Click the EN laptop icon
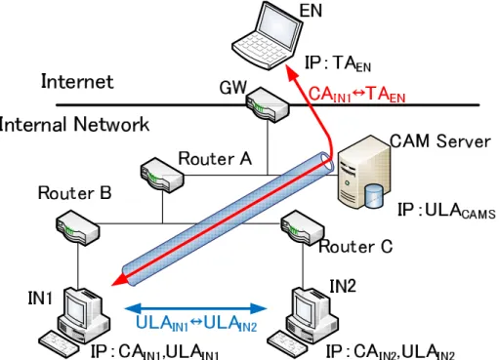pyautogui.click(x=267, y=35)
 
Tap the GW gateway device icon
pyautogui.click(x=268, y=104)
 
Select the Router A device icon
pyautogui.click(x=162, y=175)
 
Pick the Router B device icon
pyautogui.click(x=78, y=227)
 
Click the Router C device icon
pyautogui.click(x=303, y=227)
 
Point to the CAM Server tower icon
pyautogui.click(x=363, y=172)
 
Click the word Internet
pyautogui.click(x=77, y=81)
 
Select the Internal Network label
pyautogui.click(x=74, y=124)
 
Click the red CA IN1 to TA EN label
pyautogui.click(x=356, y=95)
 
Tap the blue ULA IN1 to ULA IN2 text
pyautogui.click(x=196, y=324)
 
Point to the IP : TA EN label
pyautogui.click(x=338, y=63)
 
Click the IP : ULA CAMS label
pyautogui.click(x=446, y=210)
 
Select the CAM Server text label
pyautogui.click(x=440, y=141)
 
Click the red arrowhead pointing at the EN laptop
pyautogui.click(x=293, y=72)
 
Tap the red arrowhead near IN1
pyautogui.click(x=119, y=280)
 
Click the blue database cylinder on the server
pyautogui.click(x=373, y=196)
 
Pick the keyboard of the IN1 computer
pyautogui.click(x=59, y=344)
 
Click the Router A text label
pyautogui.click(x=215, y=159)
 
